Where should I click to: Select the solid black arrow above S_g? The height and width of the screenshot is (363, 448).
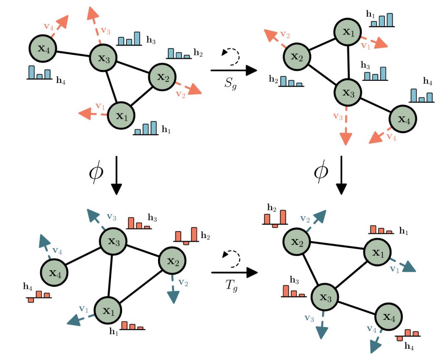(234, 71)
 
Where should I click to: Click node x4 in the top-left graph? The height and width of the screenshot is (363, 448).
(42, 48)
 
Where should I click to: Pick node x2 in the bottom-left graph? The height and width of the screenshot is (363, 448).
(173, 261)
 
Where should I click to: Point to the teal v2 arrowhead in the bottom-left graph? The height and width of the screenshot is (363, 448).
(173, 297)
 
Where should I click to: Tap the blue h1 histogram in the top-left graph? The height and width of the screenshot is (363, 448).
(145, 128)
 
